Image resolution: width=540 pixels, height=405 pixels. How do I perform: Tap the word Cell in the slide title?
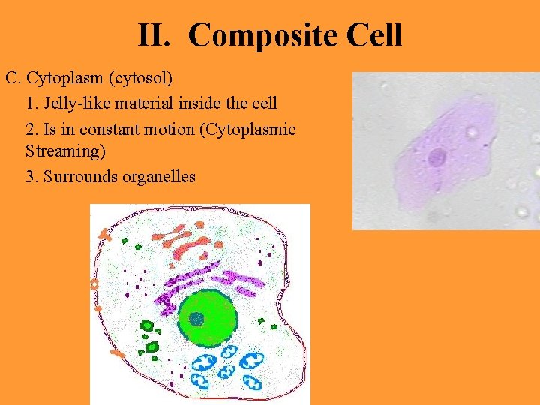[373, 35]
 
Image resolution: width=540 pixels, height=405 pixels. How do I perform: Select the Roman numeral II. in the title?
[158, 35]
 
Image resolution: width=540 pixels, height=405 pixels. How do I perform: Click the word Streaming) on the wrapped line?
[65, 151]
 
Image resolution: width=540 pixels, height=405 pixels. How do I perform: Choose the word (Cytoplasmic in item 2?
[247, 129]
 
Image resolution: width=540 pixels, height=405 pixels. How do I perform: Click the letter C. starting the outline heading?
[13, 78]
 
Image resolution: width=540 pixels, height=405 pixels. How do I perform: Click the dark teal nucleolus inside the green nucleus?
[196, 319]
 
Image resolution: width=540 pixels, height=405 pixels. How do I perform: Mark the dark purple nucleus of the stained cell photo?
[436, 157]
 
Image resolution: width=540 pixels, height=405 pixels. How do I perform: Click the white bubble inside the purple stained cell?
[472, 133]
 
